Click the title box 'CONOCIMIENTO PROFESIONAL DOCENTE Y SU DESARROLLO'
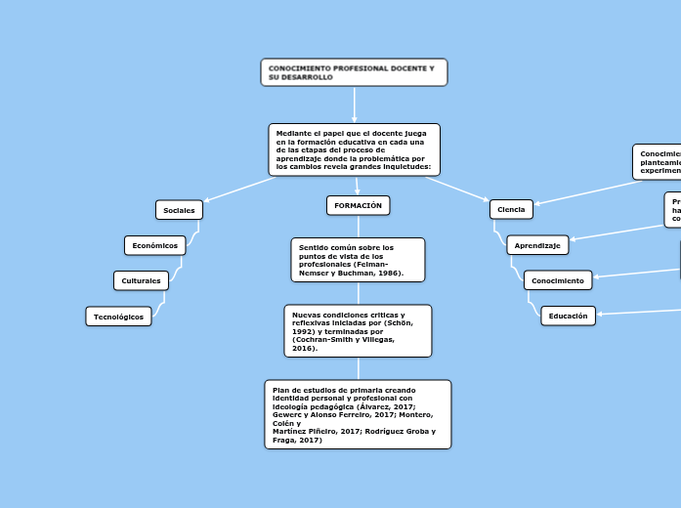pyautogui.click(x=354, y=72)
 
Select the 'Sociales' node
pyautogui.click(x=179, y=210)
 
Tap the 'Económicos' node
pyautogui.click(x=154, y=245)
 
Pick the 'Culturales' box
pyautogui.click(x=141, y=280)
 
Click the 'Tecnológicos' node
pyautogui.click(x=118, y=317)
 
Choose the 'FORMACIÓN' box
pyautogui.click(x=358, y=205)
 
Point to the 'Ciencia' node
pyautogui.click(x=511, y=209)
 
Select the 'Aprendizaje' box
pyautogui.click(x=537, y=245)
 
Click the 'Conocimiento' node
pyautogui.click(x=559, y=280)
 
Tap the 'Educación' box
pyautogui.click(x=568, y=316)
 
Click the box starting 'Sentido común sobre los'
pyautogui.click(x=358, y=260)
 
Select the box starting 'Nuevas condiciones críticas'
pyautogui.click(x=358, y=331)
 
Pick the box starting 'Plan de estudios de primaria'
pyautogui.click(x=358, y=414)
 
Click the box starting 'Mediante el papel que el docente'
pyautogui.click(x=354, y=149)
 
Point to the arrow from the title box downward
pyautogui.click(x=354, y=104)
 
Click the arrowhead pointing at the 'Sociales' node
pyautogui.click(x=208, y=200)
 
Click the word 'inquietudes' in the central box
pyautogui.click(x=406, y=167)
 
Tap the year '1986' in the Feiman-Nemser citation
pyautogui.click(x=388, y=273)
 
